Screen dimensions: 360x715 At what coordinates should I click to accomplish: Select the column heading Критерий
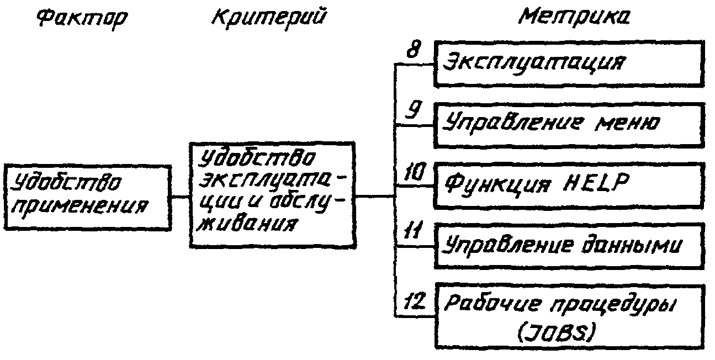tap(268, 18)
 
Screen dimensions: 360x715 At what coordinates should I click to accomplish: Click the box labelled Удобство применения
tap(87, 197)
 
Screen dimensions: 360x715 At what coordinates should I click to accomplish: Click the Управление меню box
tap(569, 124)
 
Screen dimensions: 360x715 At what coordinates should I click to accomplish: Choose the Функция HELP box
tap(569, 185)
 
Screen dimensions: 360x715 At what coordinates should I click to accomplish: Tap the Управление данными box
tap(569, 246)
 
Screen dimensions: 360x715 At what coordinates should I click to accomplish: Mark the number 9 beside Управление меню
tap(411, 112)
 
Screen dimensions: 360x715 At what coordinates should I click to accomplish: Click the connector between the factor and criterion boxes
tap(180, 197)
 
